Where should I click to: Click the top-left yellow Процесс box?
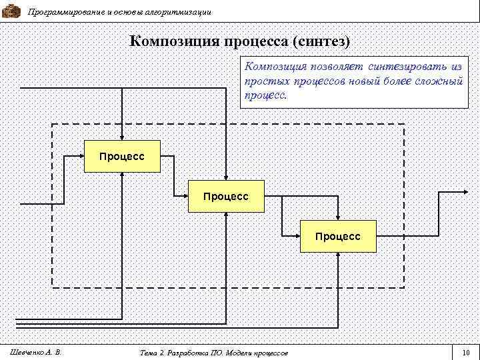click(x=122, y=157)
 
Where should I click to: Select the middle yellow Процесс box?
click(x=226, y=197)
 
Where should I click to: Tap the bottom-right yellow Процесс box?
click(x=338, y=236)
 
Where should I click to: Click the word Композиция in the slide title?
click(x=175, y=41)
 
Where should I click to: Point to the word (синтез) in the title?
click(x=320, y=41)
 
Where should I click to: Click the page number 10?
click(x=465, y=352)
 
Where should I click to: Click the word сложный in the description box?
click(x=437, y=81)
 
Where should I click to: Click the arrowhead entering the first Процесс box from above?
click(x=122, y=137)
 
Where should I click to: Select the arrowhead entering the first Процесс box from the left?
click(x=80, y=157)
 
